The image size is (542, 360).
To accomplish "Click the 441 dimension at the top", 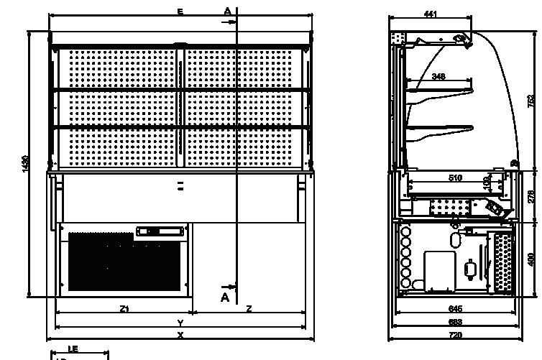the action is [430, 14].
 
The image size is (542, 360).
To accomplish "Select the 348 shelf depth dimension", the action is [438, 76].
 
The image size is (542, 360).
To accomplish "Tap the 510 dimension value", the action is [454, 177].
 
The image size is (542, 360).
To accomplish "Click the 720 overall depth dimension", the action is [455, 336].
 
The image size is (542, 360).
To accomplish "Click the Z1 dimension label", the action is [124, 309].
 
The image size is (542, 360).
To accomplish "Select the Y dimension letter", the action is [180, 323].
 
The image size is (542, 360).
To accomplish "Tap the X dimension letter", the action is [180, 335].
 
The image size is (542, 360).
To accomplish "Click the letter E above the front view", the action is [180, 12].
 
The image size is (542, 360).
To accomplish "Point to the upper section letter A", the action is [227, 11].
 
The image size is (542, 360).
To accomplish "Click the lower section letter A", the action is [225, 297].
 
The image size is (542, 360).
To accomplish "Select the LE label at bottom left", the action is [73, 349].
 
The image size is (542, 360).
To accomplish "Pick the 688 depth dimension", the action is [455, 322].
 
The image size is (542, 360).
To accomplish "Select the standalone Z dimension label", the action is [249, 309].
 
